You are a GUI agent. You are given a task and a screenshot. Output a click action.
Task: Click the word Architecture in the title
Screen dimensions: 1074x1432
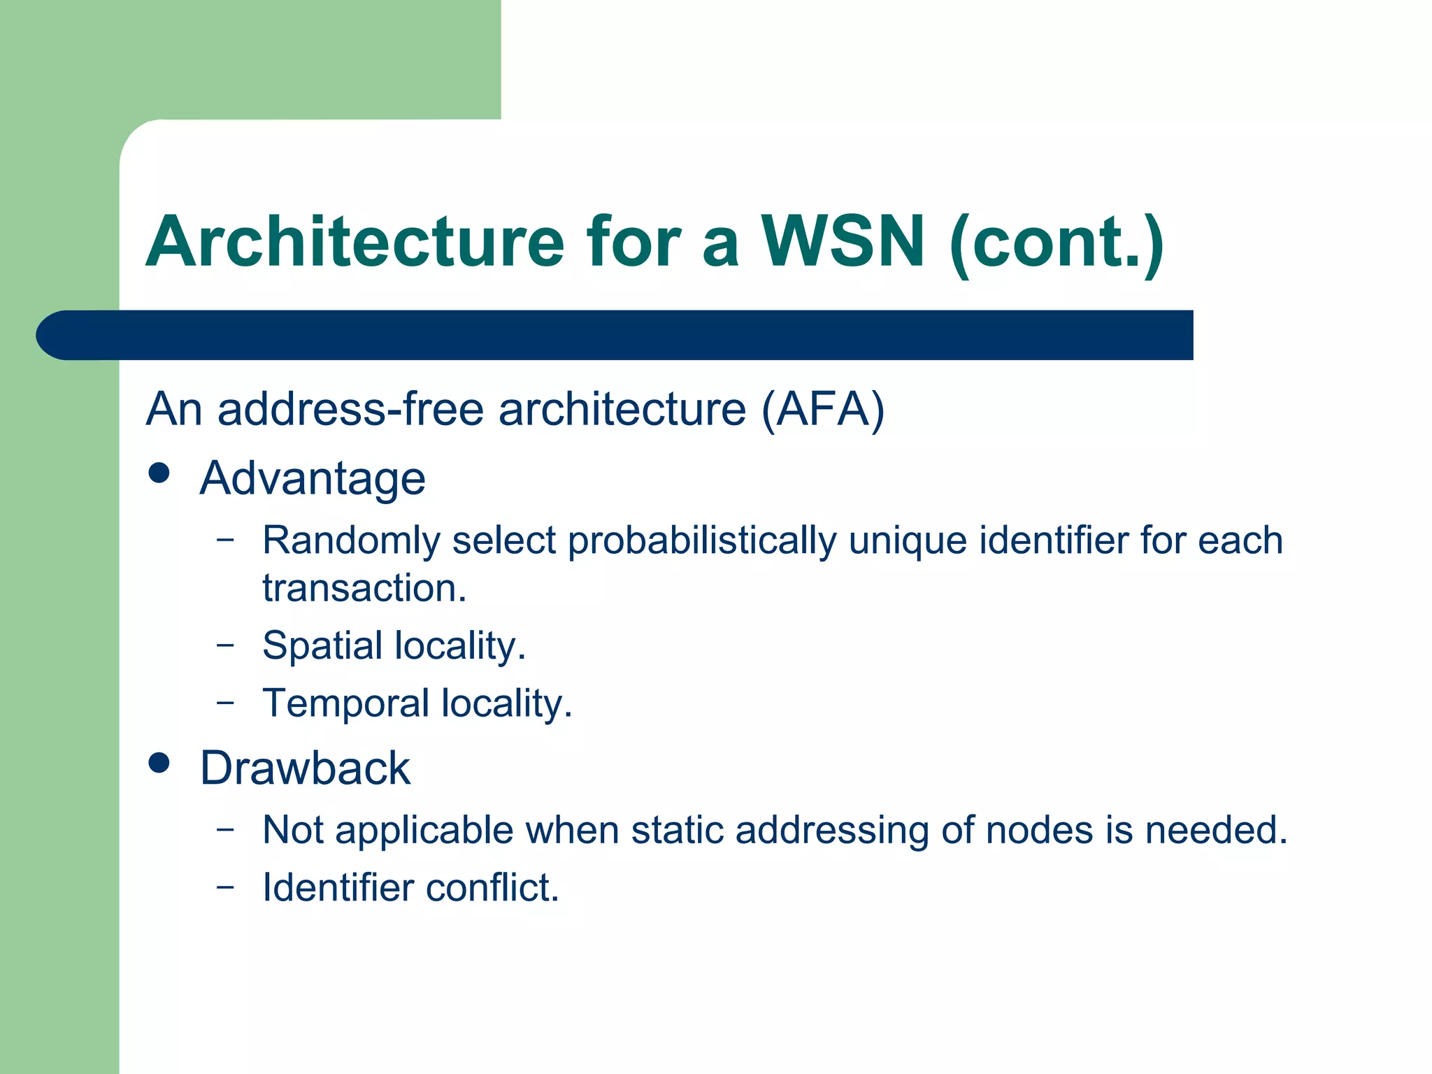tap(355, 241)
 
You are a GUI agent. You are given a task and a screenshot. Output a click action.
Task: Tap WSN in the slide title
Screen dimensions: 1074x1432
tap(843, 241)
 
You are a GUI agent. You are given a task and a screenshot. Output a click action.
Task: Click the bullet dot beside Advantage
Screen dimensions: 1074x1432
tap(159, 473)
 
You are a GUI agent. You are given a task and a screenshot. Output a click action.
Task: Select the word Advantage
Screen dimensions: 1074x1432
tap(313, 479)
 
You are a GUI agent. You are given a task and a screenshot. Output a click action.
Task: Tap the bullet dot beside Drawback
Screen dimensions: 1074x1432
tap(159, 763)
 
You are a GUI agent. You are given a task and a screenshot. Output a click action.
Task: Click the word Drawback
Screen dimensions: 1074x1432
tap(305, 768)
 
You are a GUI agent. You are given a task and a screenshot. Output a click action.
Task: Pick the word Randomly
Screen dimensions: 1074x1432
tap(350, 540)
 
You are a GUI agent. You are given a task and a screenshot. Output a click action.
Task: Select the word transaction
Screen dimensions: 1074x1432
tap(364, 587)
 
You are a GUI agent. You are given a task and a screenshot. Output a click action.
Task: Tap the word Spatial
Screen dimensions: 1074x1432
tap(322, 645)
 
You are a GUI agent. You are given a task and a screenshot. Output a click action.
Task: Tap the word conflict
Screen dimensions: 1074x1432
tap(492, 887)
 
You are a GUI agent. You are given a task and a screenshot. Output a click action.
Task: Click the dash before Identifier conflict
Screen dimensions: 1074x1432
tap(225, 887)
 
